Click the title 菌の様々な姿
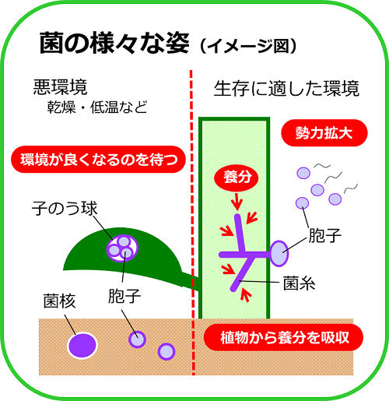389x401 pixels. point(114,43)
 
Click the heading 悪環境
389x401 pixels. point(60,87)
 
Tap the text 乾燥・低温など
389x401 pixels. point(97,107)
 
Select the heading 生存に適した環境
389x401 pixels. point(286,89)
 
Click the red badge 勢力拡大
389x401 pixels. point(324,133)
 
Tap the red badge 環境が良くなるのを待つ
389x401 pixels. point(99,160)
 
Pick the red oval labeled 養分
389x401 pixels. point(237,178)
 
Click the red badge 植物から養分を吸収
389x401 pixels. point(283,337)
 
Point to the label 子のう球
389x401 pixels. point(65,208)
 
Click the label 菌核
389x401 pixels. point(59,301)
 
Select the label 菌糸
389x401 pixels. point(299,283)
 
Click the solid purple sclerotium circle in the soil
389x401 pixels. point(82,346)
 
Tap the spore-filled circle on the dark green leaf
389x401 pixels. point(122,248)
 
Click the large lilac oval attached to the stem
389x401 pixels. point(279,253)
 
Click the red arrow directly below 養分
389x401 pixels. point(237,202)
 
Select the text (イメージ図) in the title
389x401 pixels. point(248,46)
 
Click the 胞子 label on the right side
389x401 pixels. point(325,236)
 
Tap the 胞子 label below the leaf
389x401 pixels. point(124,296)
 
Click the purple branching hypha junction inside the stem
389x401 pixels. point(245,254)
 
